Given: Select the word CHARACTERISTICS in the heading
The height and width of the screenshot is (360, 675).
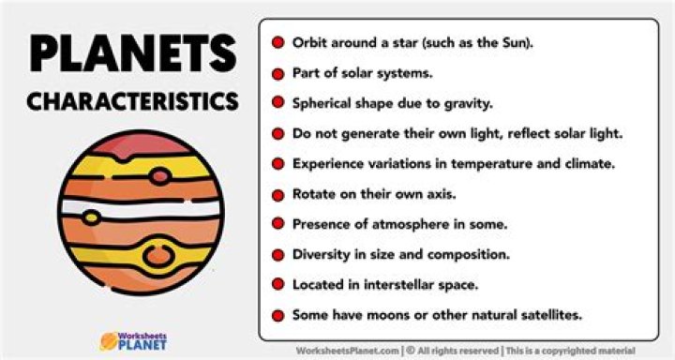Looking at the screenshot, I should click(x=132, y=101).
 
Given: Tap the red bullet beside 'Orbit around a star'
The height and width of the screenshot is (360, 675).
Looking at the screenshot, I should click(x=278, y=43).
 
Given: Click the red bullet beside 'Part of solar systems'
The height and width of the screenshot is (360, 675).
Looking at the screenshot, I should click(x=278, y=73).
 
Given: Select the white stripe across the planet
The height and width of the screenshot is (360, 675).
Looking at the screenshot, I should click(x=141, y=209).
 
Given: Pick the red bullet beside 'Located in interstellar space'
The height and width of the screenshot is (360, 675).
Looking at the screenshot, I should click(x=278, y=283).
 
